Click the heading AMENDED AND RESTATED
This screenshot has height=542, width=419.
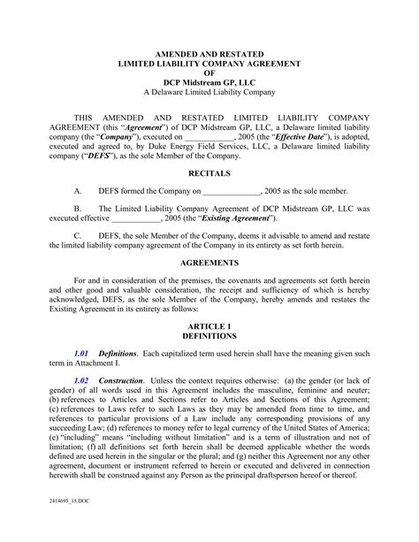[209, 55]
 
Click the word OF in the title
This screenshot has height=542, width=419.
[209, 73]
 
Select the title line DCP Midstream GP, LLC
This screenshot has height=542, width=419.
[209, 82]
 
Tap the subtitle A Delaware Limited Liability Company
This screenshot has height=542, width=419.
[209, 93]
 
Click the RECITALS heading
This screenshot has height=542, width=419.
[209, 174]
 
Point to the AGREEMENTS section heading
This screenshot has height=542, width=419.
[209, 263]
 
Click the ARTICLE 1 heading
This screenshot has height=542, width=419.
[209, 326]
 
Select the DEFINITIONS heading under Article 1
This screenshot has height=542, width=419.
[209, 337]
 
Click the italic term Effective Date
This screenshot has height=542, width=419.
[305, 137]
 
